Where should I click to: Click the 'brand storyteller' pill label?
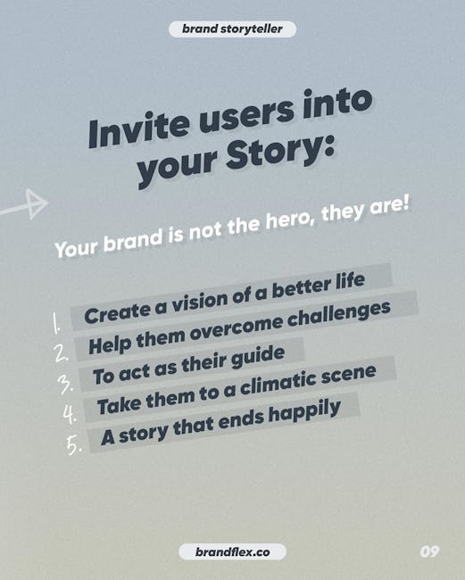[x=232, y=29]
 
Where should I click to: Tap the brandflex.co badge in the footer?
[x=232, y=552]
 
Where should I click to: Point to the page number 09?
[x=429, y=551]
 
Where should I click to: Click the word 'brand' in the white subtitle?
[x=133, y=240]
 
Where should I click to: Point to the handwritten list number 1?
[x=55, y=324]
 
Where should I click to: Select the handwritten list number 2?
[x=61, y=352]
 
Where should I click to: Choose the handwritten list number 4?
[x=70, y=413]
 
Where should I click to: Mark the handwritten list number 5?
[x=73, y=443]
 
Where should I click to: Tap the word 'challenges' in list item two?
[x=339, y=315]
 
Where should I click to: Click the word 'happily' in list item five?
[x=304, y=412]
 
